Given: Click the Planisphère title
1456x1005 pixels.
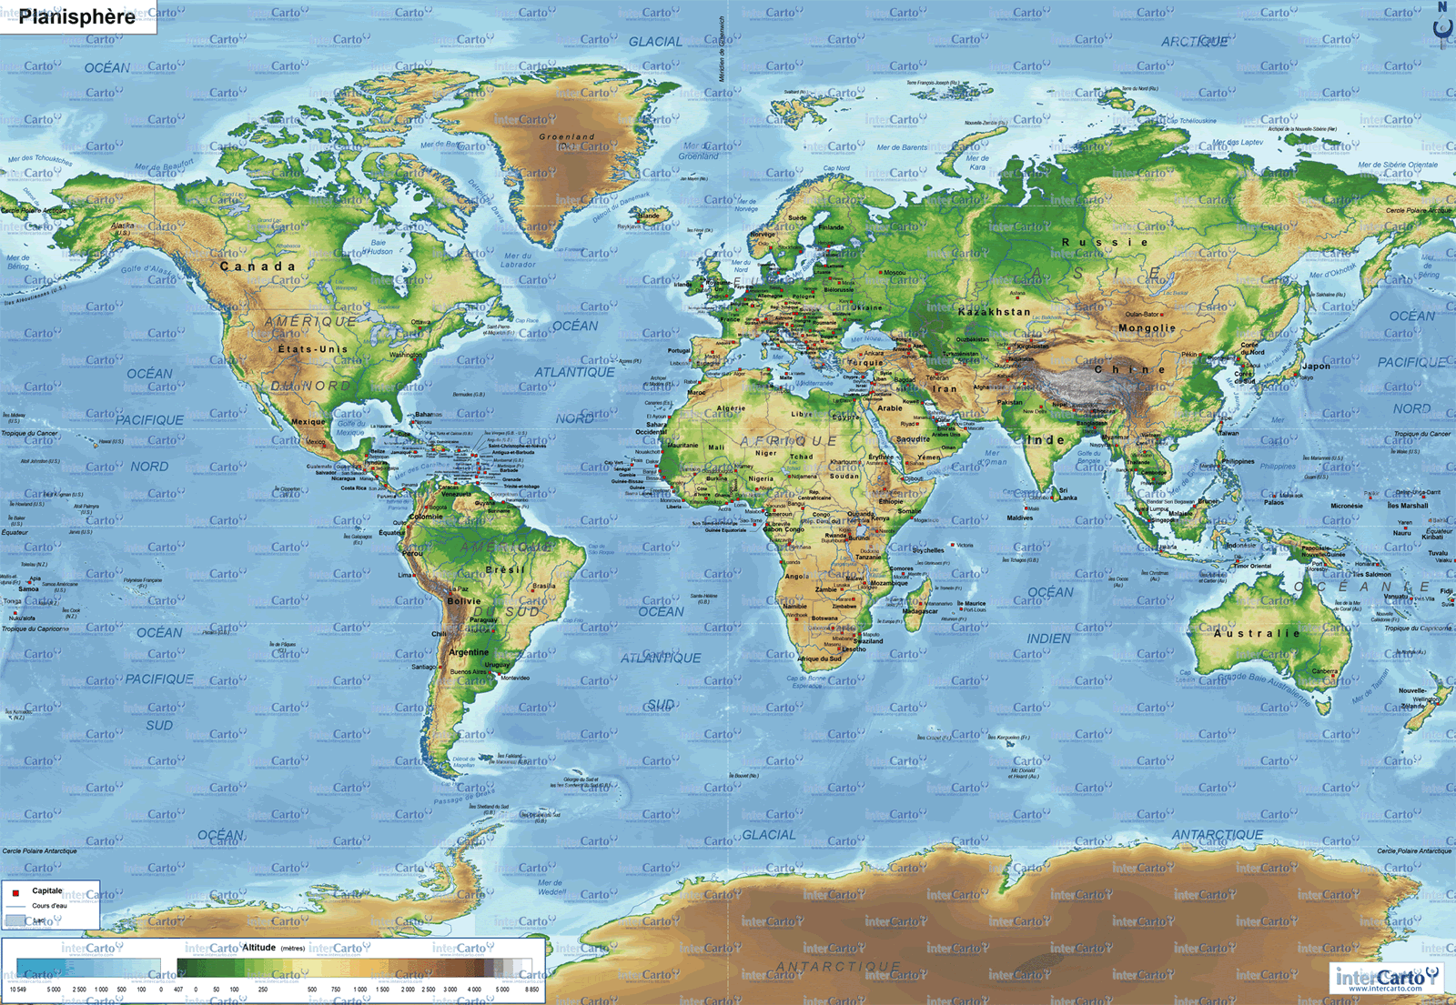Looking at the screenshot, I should [77, 16].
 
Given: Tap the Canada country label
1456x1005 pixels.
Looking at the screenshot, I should [258, 266].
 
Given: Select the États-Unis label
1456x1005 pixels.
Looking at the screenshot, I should [313, 348].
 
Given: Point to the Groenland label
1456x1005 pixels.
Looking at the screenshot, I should [566, 137].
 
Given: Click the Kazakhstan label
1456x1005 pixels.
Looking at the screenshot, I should [995, 312].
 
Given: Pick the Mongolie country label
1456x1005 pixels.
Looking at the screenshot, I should [1147, 328].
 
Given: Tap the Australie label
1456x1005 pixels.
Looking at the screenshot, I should [1257, 633].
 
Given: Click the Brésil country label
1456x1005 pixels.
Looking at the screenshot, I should [505, 569].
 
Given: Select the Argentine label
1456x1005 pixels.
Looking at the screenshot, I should [469, 652].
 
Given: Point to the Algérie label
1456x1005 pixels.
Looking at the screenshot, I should [731, 408].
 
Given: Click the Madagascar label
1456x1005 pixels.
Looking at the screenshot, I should [920, 611].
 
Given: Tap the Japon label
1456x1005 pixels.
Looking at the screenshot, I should [1315, 367].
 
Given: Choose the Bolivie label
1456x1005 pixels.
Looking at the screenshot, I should [464, 601].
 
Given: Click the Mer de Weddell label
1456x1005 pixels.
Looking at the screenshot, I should [551, 887].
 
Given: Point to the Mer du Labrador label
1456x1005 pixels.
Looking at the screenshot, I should [518, 260].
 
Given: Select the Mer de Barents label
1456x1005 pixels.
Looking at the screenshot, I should [902, 147].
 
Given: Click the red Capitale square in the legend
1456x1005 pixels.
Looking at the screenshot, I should [15, 892].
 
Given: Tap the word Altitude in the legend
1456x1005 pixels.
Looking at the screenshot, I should [258, 947].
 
